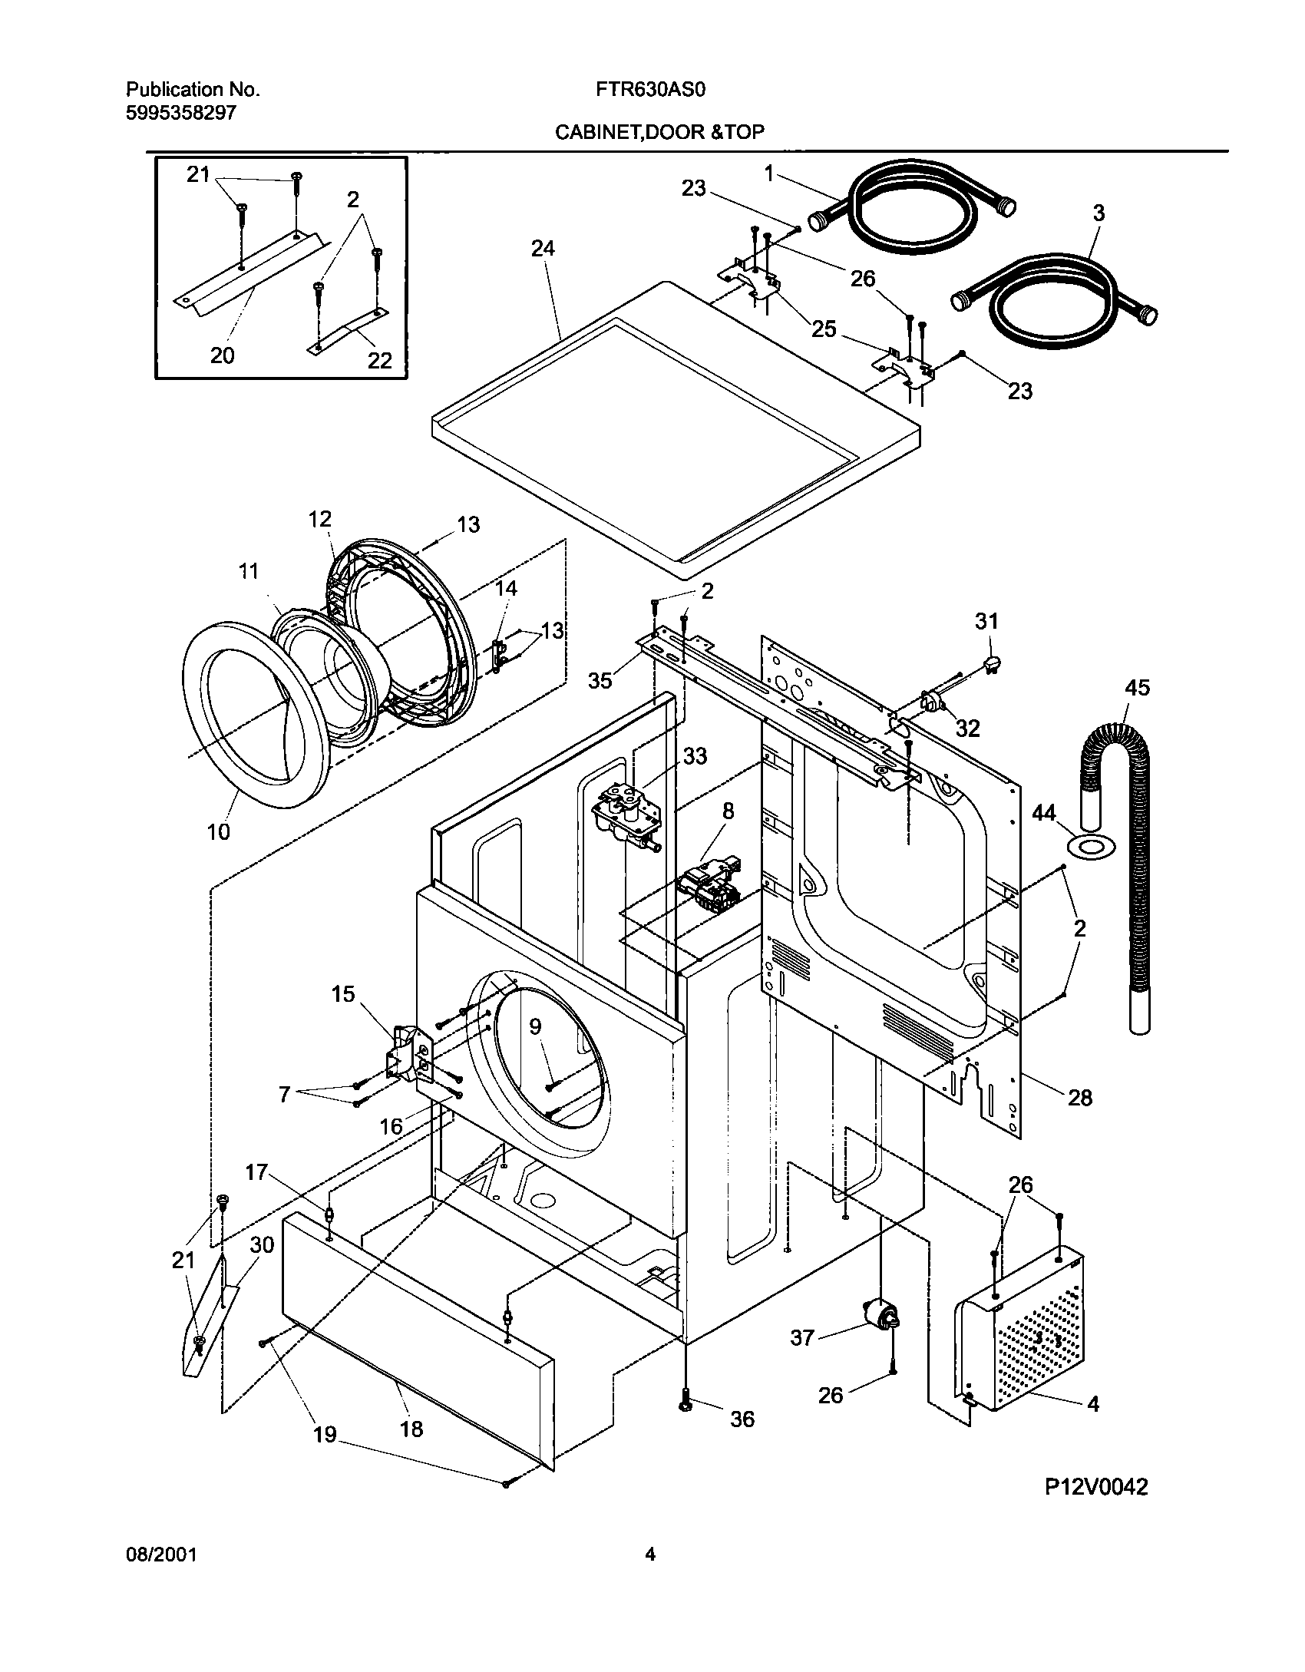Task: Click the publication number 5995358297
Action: coord(180,113)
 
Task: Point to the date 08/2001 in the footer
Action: coord(161,1555)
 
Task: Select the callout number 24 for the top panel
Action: coord(542,248)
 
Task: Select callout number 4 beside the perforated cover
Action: coord(1093,1404)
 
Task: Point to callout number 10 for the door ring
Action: coord(219,831)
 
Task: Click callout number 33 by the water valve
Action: coord(695,756)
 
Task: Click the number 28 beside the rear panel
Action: coord(1079,1098)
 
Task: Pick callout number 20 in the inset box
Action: coord(223,355)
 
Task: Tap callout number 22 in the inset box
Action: coord(380,360)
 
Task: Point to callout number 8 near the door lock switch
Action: coord(728,811)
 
